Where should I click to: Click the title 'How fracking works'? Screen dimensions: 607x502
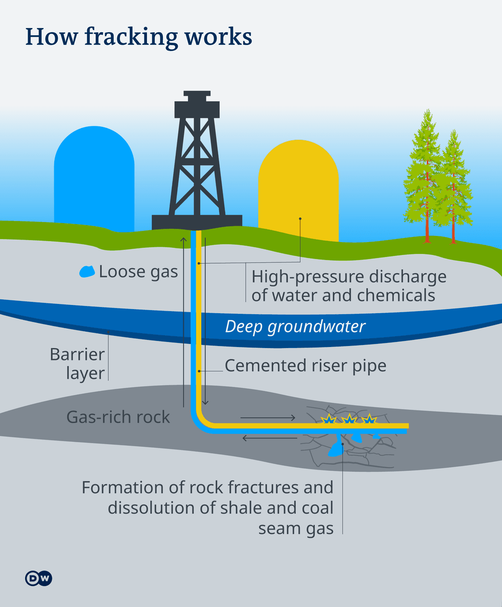pos(138,37)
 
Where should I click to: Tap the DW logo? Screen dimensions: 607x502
pos(38,578)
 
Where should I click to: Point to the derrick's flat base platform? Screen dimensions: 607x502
pos(197,222)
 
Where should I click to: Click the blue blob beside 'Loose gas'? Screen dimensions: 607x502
pos(87,271)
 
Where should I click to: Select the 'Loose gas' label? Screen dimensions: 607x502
pos(138,271)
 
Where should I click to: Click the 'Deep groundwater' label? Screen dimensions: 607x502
pos(295,327)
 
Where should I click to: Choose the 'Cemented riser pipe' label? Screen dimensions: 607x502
pos(305,365)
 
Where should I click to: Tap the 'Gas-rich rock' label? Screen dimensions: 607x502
pos(118,417)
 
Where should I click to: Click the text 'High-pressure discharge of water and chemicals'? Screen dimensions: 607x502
pos(348,286)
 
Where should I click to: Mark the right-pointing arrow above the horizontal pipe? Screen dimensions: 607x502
pos(267,418)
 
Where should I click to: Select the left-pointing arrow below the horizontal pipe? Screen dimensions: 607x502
pos(269,438)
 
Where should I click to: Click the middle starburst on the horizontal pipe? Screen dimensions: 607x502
pos(348,420)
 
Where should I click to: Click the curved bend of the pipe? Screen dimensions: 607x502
pos(200,420)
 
